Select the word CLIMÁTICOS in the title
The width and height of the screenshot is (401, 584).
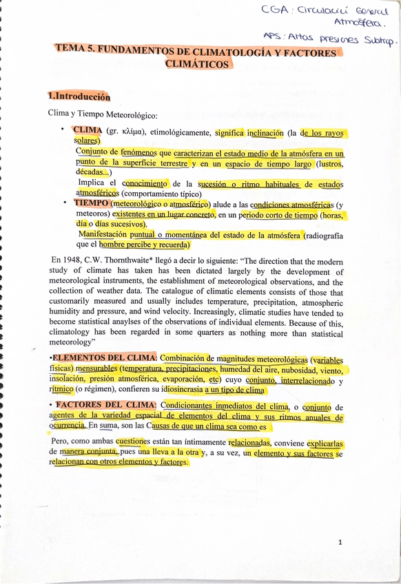click(x=197, y=63)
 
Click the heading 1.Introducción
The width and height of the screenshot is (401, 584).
click(x=79, y=97)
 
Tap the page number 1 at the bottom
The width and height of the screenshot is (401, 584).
click(x=340, y=543)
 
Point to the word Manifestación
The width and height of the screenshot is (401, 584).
click(x=106, y=234)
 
